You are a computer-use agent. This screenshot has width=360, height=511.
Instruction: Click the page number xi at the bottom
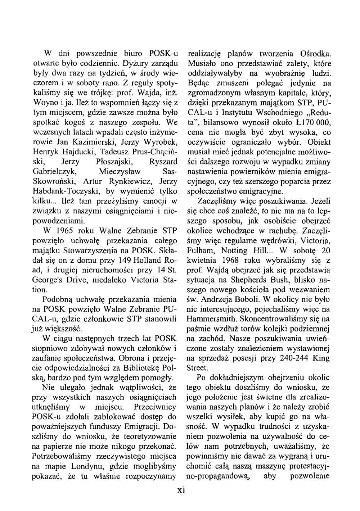(180, 491)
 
